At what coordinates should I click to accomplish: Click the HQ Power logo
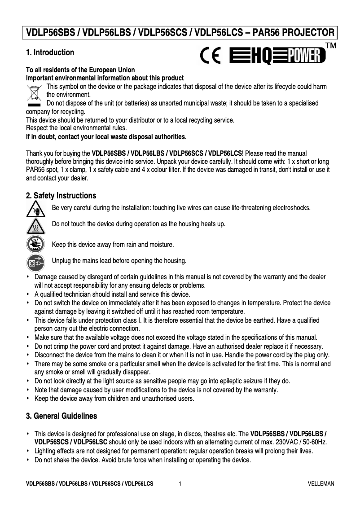(x=277, y=57)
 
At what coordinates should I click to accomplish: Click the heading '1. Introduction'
(x=50, y=53)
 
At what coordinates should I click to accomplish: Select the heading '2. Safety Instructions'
(x=61, y=196)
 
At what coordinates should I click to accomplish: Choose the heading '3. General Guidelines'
(x=61, y=416)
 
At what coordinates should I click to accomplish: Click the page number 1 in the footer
(x=180, y=484)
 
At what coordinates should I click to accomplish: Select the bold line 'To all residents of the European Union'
(x=80, y=70)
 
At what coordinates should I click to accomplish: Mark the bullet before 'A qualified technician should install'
(x=28, y=294)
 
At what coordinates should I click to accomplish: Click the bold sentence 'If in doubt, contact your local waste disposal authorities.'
(x=106, y=136)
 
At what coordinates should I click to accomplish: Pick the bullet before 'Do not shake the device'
(x=28, y=460)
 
